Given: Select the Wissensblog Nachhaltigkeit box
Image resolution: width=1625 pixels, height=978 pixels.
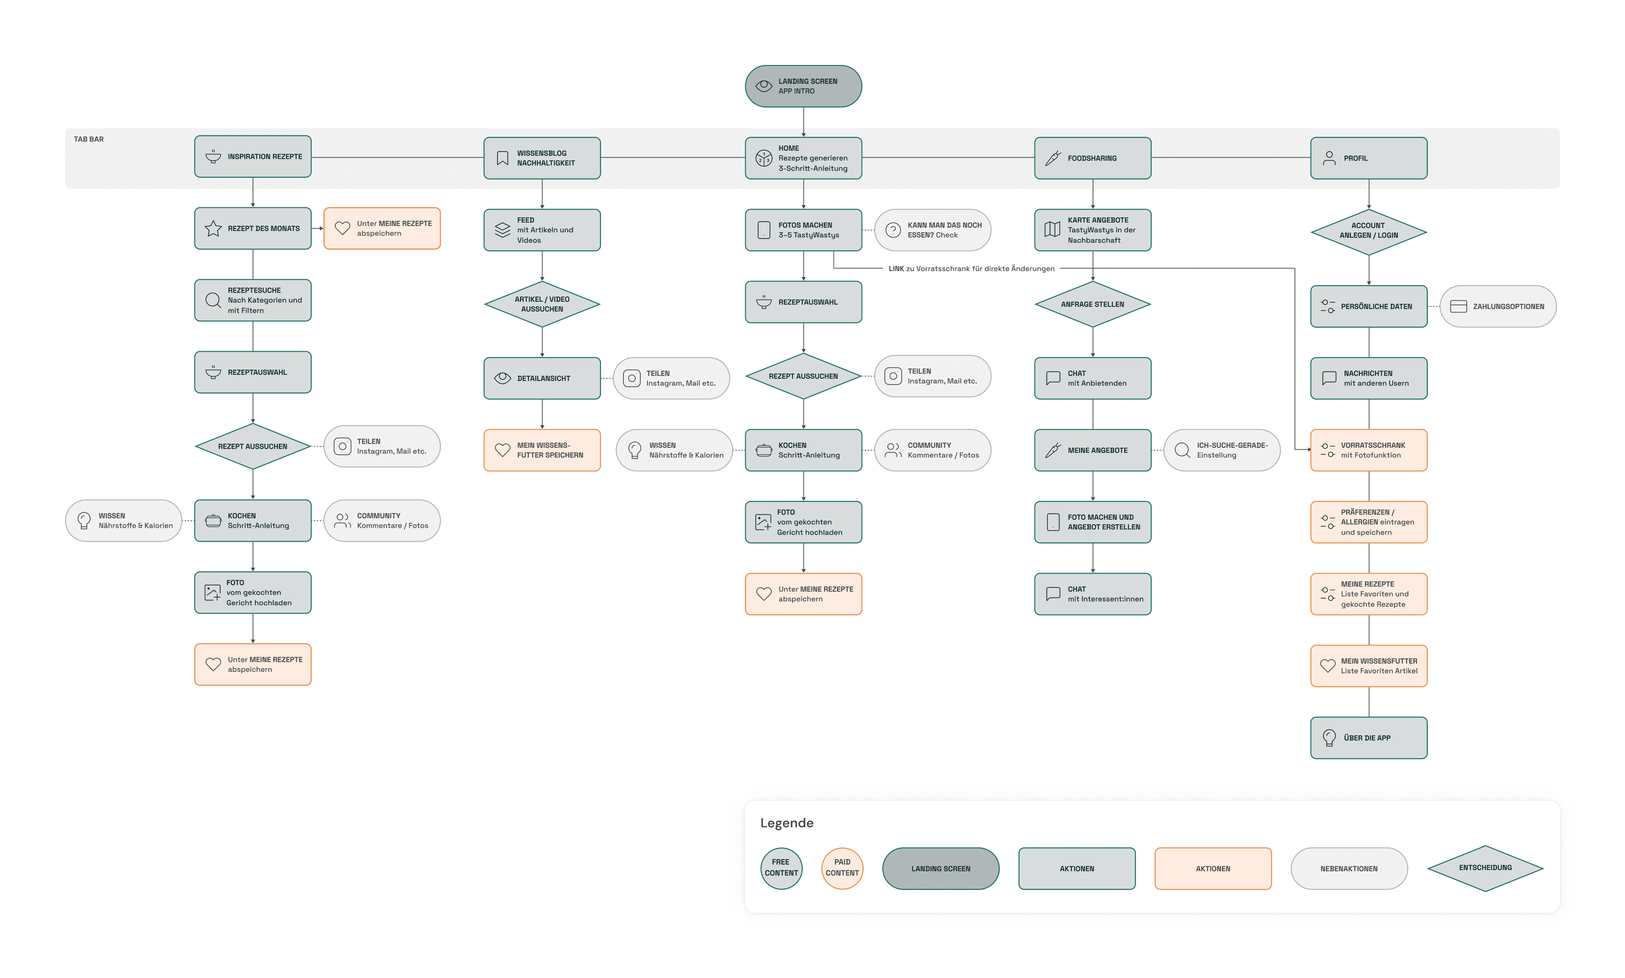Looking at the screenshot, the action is [542, 158].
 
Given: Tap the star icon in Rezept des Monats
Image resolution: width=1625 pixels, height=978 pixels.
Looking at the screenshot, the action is [213, 229].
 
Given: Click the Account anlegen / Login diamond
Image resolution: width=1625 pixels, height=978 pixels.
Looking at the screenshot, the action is [1369, 232].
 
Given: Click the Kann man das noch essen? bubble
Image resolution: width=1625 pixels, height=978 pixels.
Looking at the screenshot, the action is [932, 230].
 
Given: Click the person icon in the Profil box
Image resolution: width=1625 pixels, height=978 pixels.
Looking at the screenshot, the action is [1329, 158].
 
